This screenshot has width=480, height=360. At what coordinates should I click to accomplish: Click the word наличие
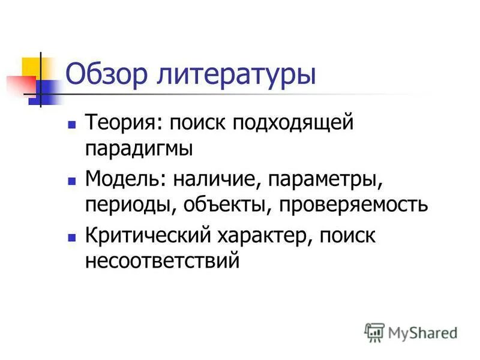pyautogui.click(x=213, y=179)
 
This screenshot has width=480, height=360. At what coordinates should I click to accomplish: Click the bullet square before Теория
pyautogui.click(x=72, y=125)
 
